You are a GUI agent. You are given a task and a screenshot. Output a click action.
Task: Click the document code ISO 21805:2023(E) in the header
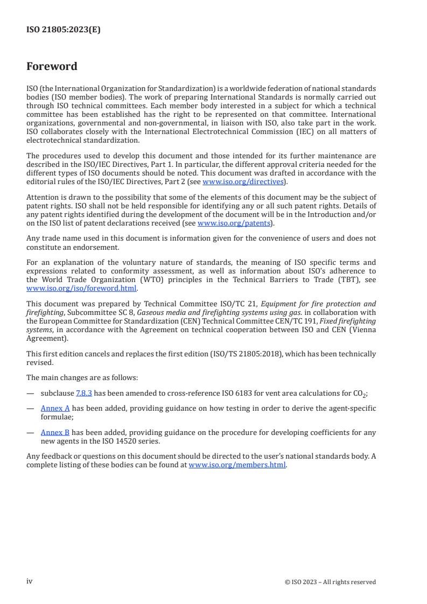point(64,30)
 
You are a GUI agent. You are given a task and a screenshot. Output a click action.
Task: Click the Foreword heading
point(52,66)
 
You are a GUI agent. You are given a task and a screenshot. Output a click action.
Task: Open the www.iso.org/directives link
point(243,181)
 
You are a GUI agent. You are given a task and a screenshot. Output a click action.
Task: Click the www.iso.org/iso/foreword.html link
point(81,288)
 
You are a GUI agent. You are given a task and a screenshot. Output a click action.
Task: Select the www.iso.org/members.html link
point(237,465)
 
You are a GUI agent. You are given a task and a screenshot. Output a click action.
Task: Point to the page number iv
point(30,581)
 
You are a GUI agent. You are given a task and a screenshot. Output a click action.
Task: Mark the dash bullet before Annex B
point(30,432)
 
